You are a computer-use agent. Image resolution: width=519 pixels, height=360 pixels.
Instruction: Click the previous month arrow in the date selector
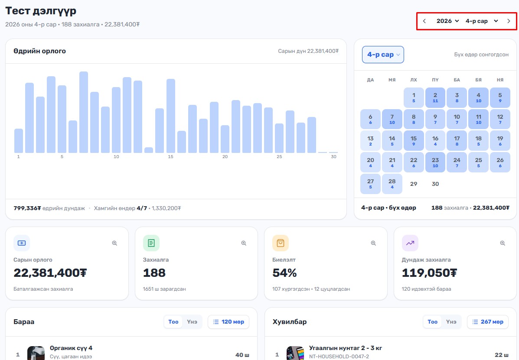424,21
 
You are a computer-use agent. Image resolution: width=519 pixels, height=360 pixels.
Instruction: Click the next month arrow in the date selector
509,21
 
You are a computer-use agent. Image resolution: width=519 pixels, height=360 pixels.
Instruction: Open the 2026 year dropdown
447,21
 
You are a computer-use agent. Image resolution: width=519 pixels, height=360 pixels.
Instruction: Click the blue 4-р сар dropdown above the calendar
383,55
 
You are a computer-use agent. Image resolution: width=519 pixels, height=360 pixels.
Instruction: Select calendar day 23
435,162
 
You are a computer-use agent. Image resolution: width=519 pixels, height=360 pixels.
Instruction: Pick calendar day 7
392,119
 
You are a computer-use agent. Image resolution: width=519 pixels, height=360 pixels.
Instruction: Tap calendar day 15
414,140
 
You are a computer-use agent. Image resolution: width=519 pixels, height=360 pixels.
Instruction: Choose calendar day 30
435,184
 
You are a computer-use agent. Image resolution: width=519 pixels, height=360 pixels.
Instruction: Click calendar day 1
414,97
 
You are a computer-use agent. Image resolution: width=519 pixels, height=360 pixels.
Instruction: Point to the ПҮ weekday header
435,80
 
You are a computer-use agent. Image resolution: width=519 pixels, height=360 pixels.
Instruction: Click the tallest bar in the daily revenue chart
84,112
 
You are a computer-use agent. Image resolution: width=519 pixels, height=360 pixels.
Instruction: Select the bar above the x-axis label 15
171,116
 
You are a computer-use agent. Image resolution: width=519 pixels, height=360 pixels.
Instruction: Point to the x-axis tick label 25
279,157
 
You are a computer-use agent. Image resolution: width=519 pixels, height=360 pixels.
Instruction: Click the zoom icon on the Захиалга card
244,243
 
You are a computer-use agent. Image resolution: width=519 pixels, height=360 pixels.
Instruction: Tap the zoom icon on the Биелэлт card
373,243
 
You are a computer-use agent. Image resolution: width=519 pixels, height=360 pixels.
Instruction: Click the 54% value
284,273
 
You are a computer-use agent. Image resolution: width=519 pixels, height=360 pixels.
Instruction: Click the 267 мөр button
487,322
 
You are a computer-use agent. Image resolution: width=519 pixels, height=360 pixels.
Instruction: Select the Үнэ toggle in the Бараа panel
192,322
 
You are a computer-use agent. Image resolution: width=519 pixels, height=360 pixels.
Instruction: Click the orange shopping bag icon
281,243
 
